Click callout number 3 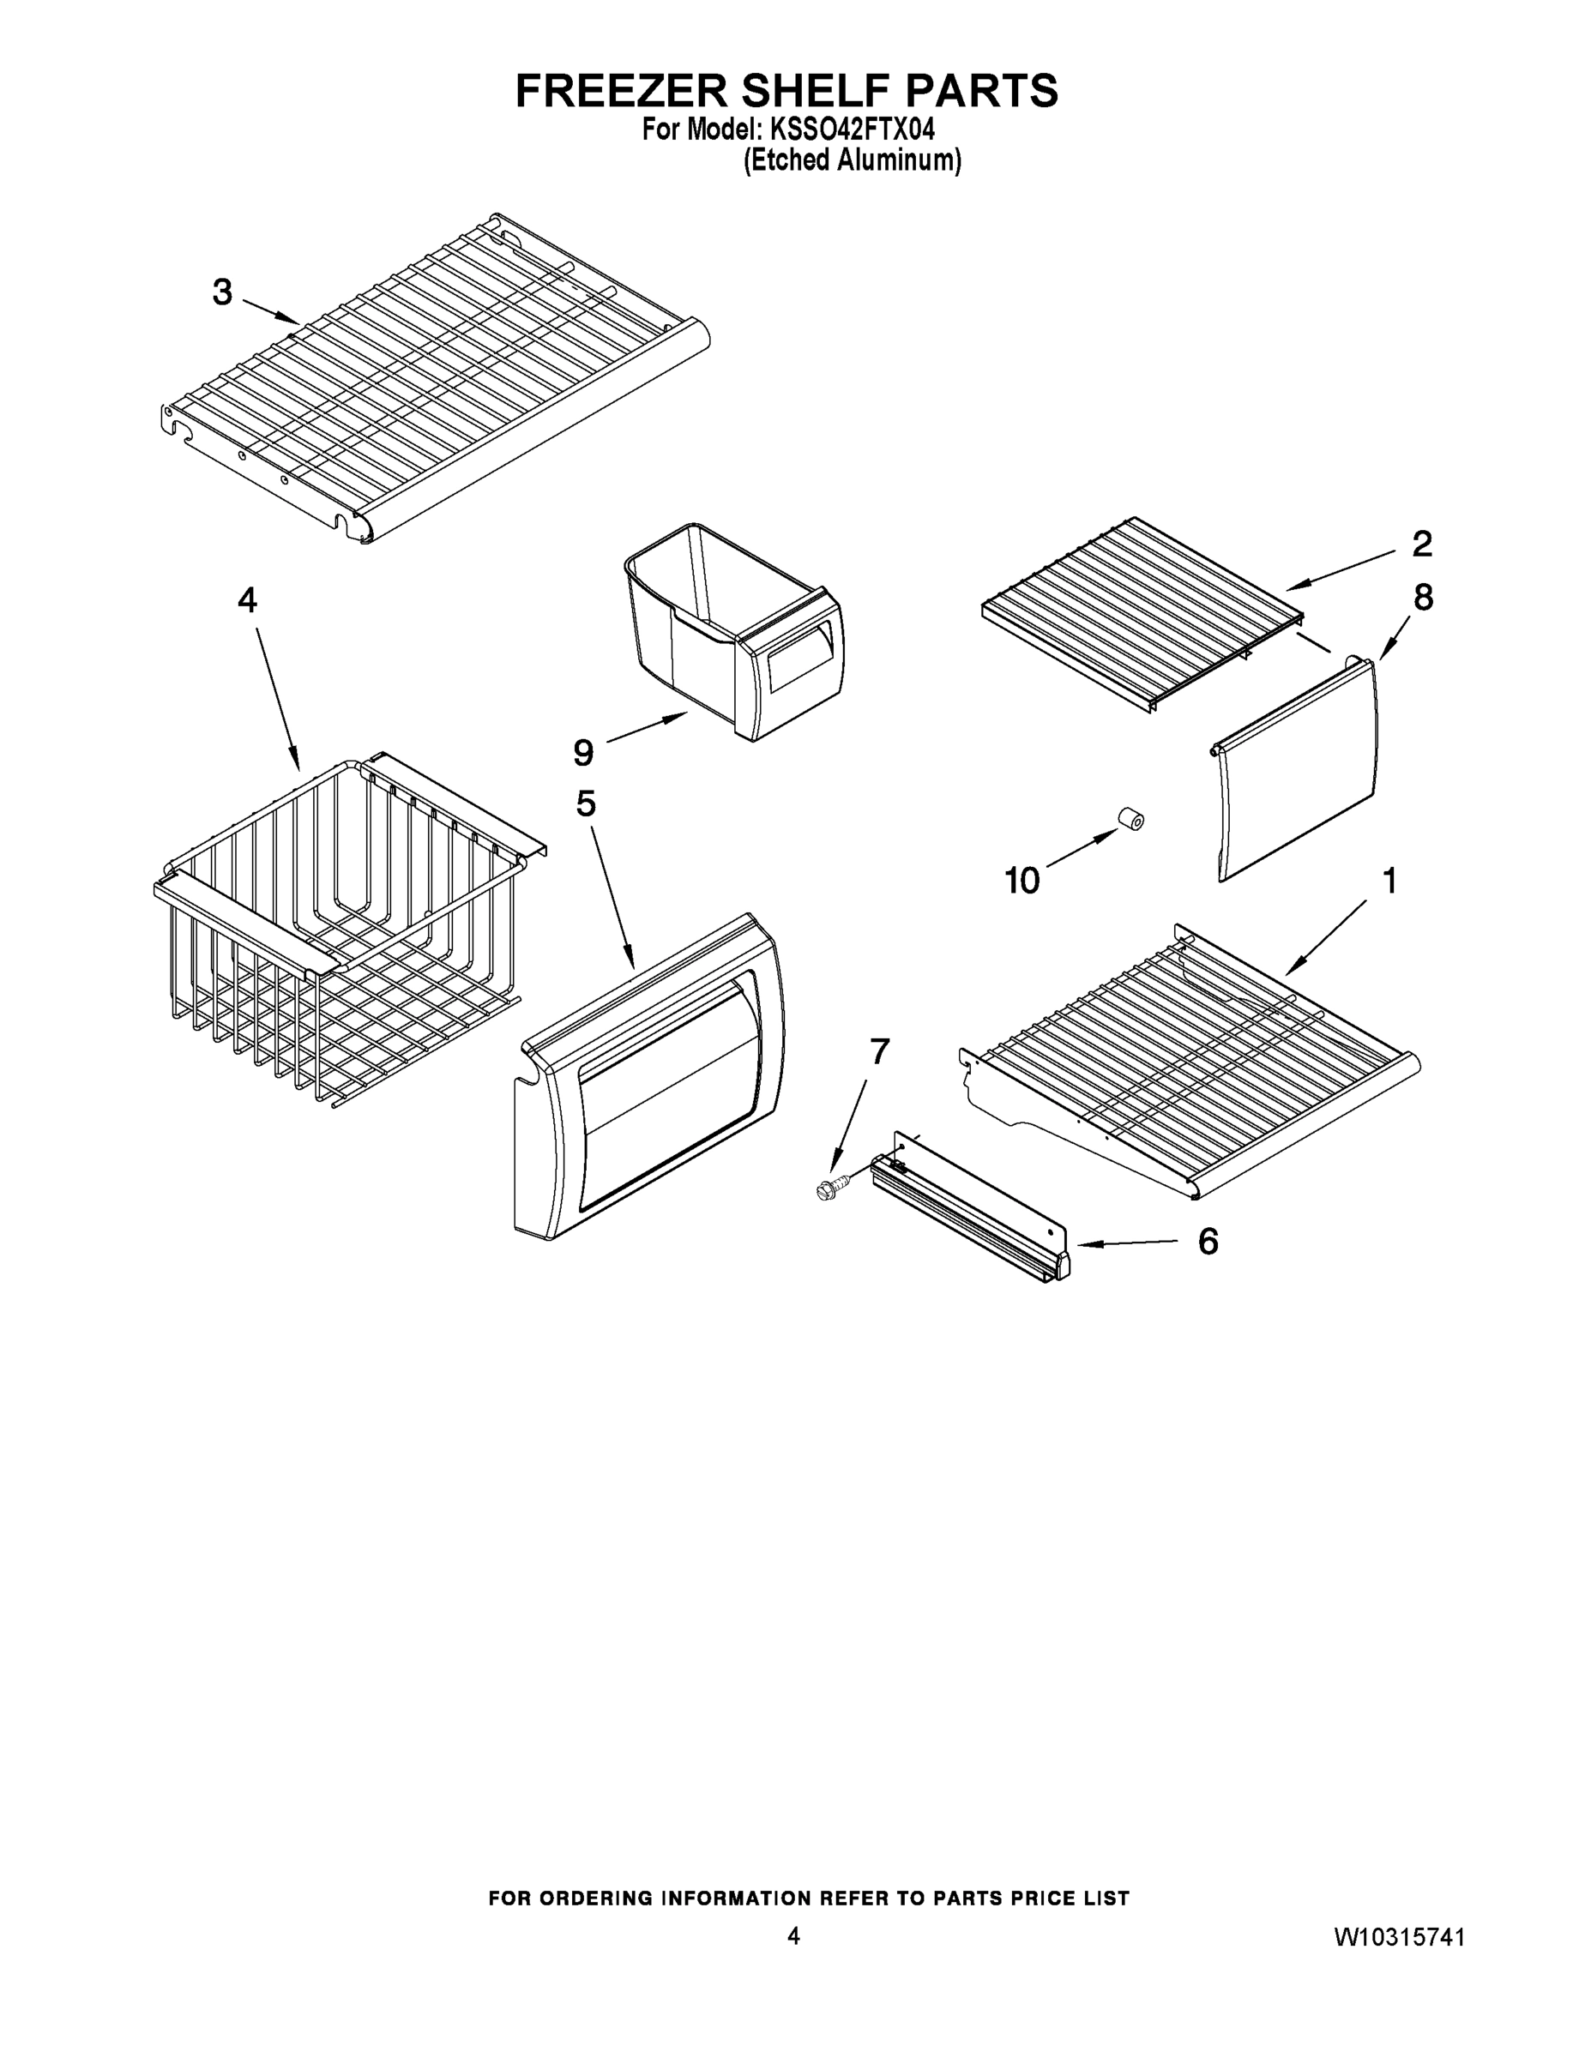[222, 293]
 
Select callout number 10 [1021, 881]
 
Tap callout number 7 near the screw [879, 1050]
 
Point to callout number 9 [583, 752]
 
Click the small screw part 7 [833, 1188]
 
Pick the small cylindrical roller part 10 [1130, 819]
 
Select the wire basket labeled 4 [340, 933]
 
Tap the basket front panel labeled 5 [650, 1084]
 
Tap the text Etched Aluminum [853, 161]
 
